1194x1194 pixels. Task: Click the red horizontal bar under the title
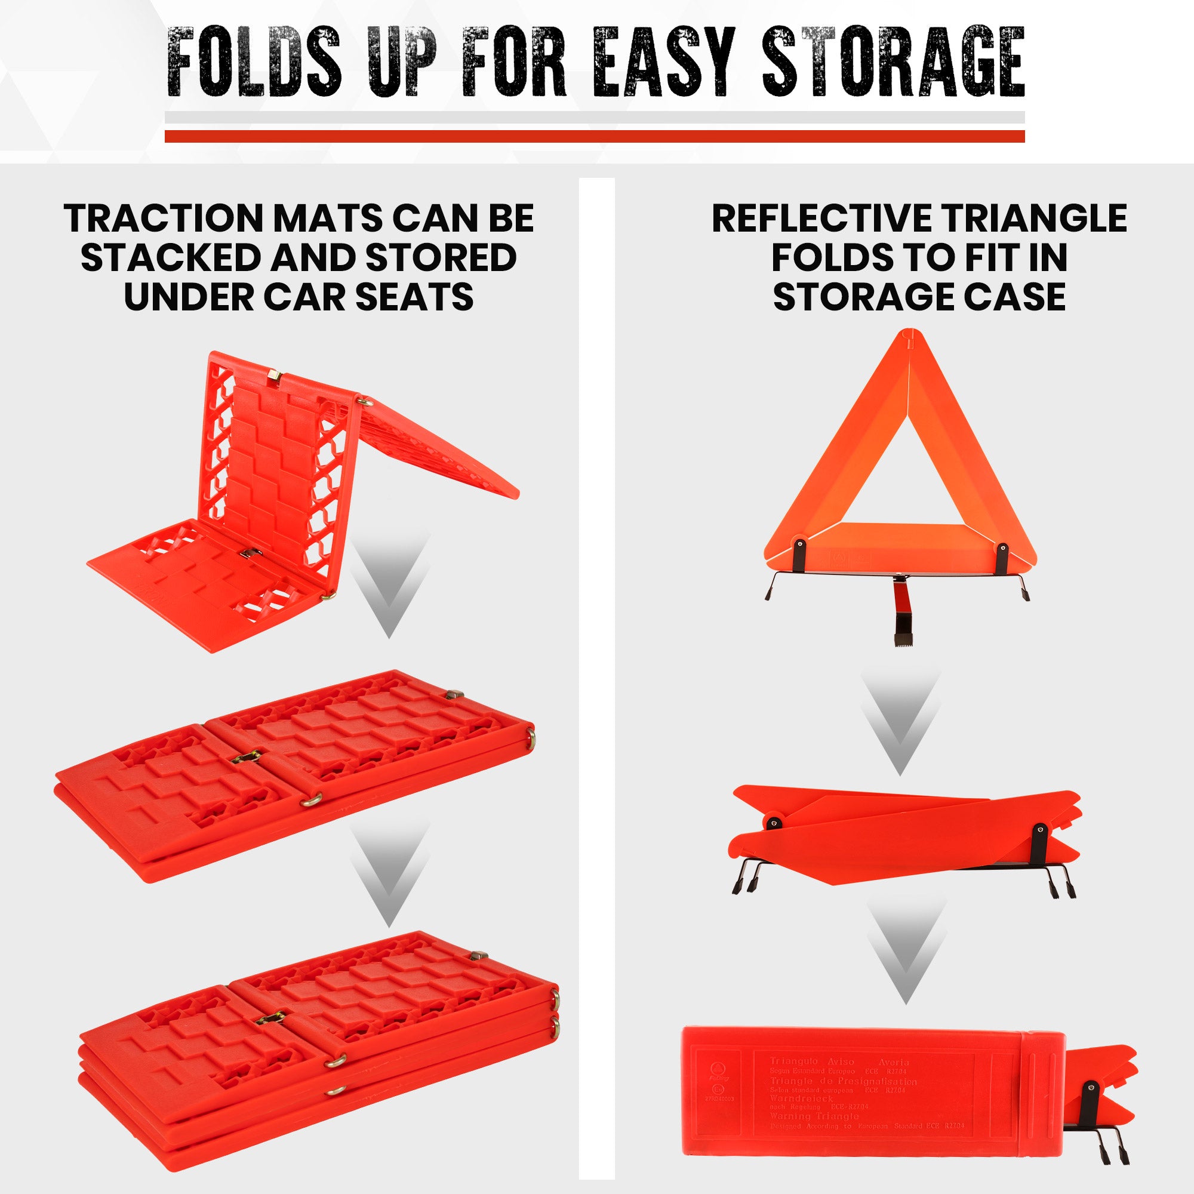(x=595, y=136)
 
